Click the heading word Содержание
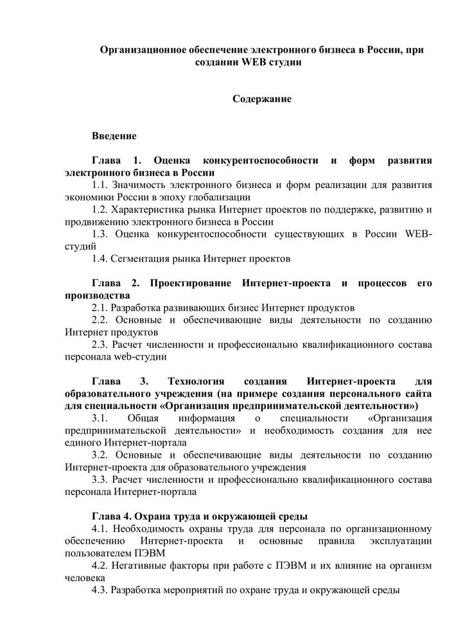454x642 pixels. pos(261,100)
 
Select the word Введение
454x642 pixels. pos(114,136)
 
